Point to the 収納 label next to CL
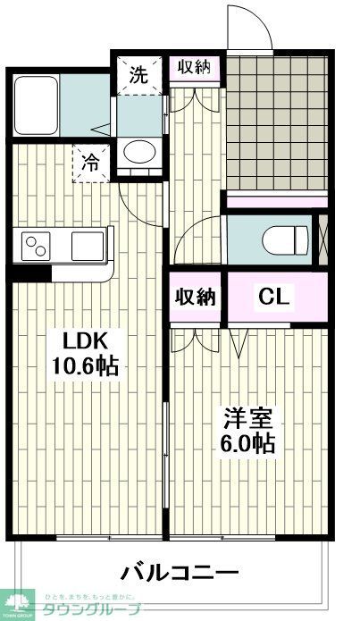195,297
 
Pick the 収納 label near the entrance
196,68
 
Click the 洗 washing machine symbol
138,75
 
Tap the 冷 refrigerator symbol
91,163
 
